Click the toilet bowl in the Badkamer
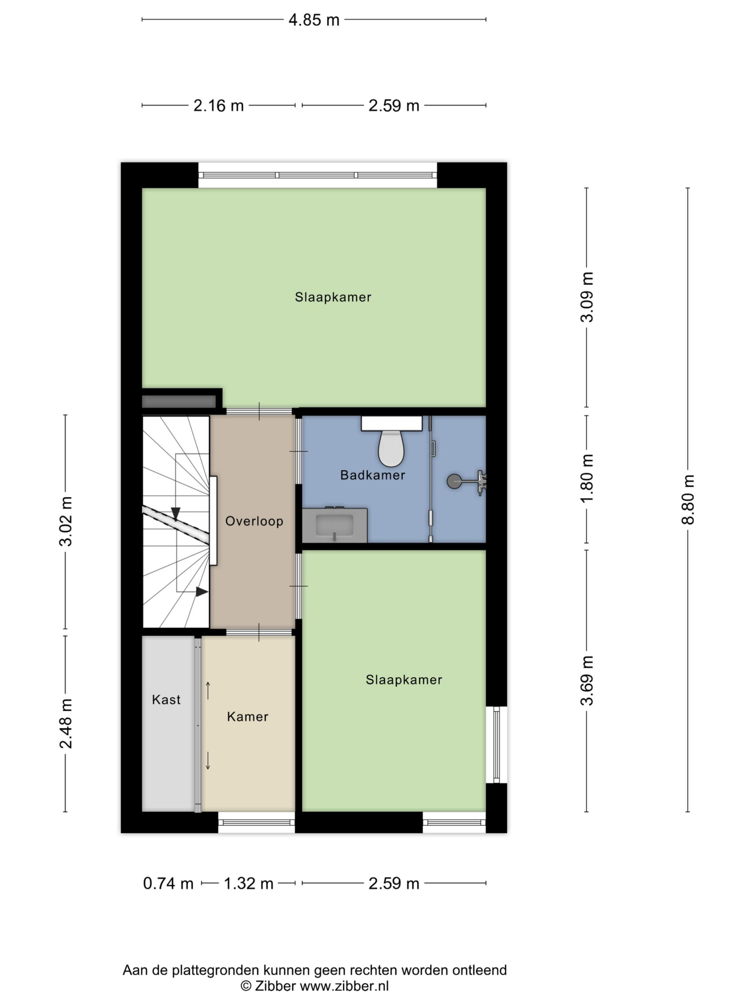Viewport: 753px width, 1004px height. point(391,448)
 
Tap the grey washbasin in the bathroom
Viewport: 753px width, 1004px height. point(335,525)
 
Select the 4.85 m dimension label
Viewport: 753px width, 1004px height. point(314,20)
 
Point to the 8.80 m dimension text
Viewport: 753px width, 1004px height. point(688,499)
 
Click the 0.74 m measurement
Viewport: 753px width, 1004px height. point(168,883)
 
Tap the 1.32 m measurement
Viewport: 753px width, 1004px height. point(248,883)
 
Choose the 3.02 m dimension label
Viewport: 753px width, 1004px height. point(66,521)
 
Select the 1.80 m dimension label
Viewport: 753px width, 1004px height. point(587,478)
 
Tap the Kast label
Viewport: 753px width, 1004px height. point(166,699)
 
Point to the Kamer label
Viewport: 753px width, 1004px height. point(247,716)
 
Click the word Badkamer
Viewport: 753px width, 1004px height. point(373,475)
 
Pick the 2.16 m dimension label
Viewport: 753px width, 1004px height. point(218,106)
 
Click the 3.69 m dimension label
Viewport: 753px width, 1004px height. point(587,680)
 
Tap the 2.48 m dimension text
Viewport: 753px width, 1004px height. point(66,724)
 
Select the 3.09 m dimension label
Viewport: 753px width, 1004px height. point(587,297)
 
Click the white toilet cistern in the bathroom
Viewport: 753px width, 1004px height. point(392,423)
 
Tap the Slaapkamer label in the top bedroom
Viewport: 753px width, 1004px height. point(333,297)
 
